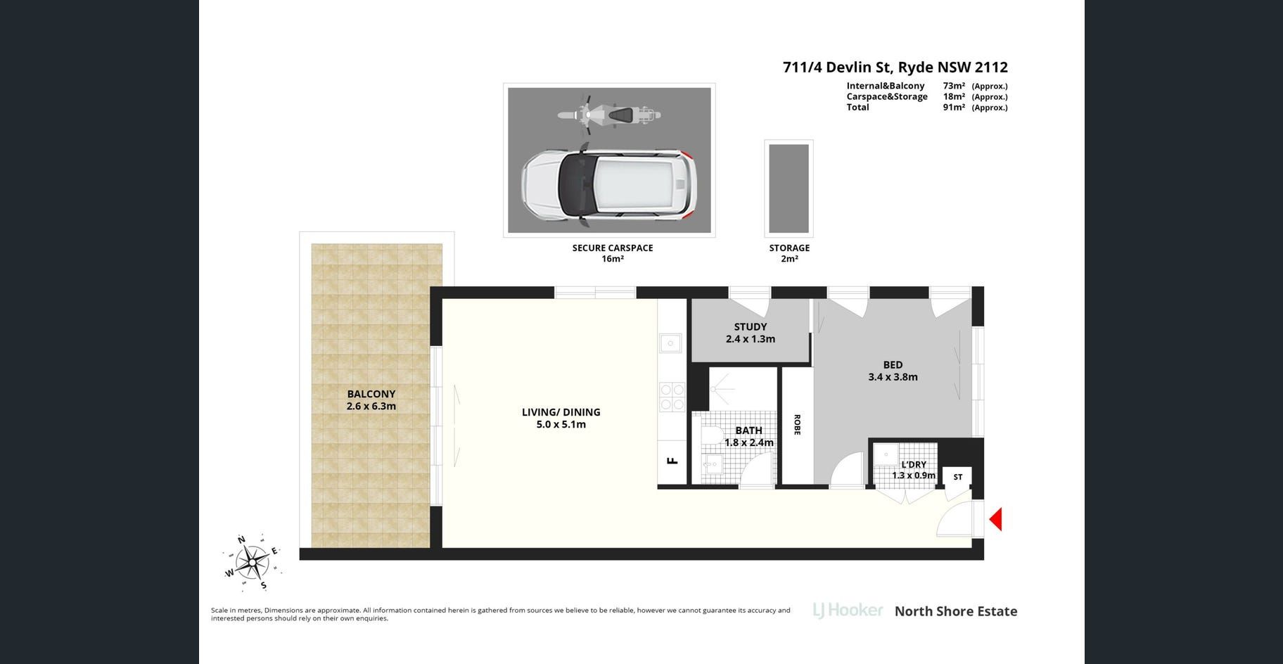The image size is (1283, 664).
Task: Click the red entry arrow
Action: coord(996,520)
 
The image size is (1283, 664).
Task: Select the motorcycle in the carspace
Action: coord(609,114)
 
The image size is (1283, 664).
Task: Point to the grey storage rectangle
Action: coord(789,188)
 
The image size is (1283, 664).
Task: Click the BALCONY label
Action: coord(371,394)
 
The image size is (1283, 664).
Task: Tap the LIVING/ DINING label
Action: coord(561,412)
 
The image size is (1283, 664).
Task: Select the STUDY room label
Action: coord(751,326)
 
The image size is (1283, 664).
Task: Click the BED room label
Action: coord(893,364)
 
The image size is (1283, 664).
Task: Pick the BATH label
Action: coord(748,430)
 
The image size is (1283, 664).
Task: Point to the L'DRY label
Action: coord(914,464)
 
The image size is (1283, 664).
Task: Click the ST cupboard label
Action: coord(958,477)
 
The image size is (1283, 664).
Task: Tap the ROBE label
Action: coord(797,424)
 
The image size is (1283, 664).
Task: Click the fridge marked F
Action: coord(672,461)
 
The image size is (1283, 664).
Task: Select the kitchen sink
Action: coord(670,343)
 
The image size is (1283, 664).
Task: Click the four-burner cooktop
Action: coord(672,397)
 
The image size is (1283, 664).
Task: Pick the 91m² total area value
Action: coord(954,108)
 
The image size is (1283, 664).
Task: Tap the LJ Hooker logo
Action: coord(848,611)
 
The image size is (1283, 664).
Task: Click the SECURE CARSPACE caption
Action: coord(613,248)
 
